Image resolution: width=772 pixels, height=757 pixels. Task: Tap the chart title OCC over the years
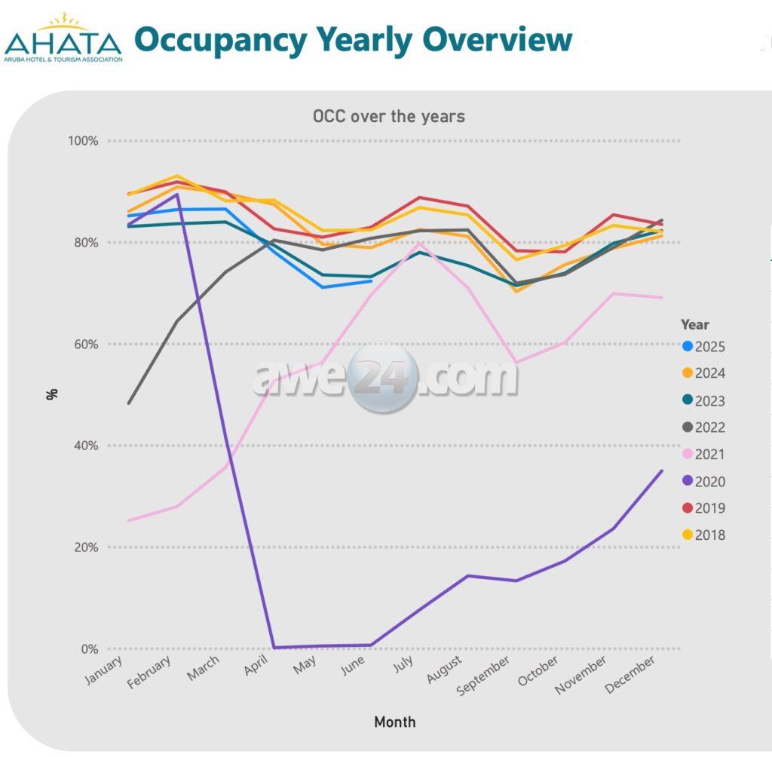(388, 116)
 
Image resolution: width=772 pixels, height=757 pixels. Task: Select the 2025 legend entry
(703, 347)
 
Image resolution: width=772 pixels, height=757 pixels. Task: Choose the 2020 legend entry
(703, 481)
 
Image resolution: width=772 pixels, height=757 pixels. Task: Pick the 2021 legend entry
(703, 454)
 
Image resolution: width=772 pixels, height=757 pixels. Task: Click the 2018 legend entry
(703, 535)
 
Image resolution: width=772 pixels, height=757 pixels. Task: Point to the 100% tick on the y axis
(83, 141)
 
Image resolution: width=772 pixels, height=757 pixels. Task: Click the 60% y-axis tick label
(86, 345)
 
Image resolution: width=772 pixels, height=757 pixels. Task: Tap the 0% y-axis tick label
(89, 649)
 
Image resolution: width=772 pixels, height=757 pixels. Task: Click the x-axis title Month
(394, 722)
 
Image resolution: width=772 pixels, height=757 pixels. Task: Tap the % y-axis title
(52, 394)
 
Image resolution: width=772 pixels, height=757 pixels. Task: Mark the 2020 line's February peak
(176, 195)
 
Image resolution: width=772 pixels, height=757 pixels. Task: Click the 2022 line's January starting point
(129, 403)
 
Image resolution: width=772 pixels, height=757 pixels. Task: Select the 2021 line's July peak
(419, 244)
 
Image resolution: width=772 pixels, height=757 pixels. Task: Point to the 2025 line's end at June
(371, 281)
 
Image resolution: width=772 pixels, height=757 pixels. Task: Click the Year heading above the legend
(694, 325)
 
